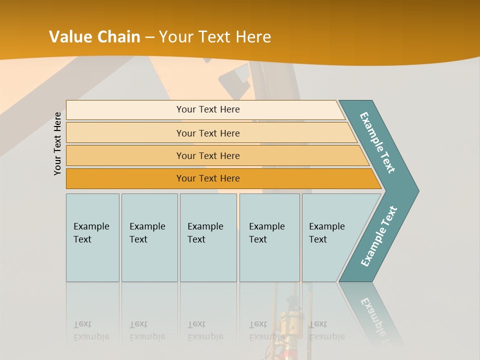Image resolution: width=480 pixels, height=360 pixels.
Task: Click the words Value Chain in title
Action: [94, 37]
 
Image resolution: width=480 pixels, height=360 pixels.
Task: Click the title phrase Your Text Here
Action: [215, 37]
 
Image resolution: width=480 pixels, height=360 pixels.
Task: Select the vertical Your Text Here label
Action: [58, 143]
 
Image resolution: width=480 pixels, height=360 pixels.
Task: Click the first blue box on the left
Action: [92, 237]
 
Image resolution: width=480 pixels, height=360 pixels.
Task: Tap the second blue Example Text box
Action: [149, 237]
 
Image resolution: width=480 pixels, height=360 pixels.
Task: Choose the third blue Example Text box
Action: [208, 237]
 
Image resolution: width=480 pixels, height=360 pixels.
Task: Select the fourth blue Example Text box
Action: [269, 237]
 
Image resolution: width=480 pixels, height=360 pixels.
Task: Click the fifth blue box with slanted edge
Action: [330, 237]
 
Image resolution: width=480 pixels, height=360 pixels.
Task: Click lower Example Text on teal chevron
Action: [379, 236]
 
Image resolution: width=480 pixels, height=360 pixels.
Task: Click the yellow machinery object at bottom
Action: [290, 320]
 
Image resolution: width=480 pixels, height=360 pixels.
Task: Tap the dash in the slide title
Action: [149, 37]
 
